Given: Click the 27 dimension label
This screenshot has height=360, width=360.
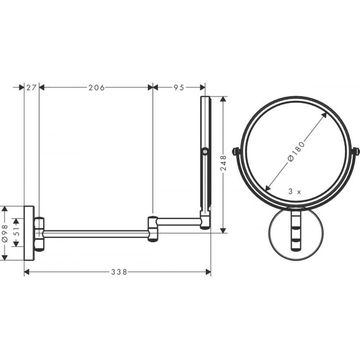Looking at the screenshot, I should [31, 87].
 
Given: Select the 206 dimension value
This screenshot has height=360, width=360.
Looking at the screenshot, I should [96, 87].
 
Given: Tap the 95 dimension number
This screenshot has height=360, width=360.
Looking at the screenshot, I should [179, 87].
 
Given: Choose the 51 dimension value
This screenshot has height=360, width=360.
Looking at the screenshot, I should [18, 231].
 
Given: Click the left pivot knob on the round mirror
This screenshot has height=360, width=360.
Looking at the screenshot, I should [236, 152].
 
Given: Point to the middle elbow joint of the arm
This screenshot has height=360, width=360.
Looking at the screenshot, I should [153, 229].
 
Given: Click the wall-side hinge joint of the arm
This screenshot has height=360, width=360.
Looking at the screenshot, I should [40, 231].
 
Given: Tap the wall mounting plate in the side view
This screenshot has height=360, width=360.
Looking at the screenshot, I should [28, 231].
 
